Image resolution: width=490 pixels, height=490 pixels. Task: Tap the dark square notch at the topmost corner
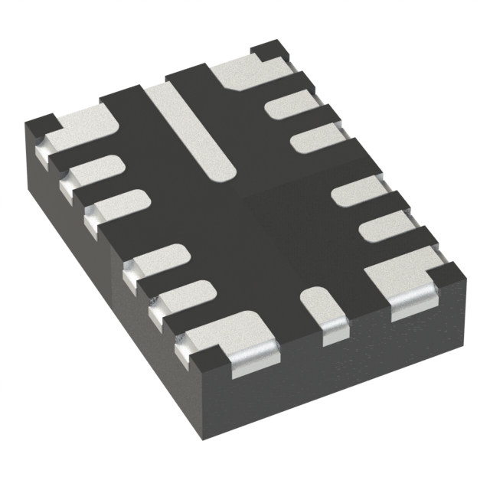(269, 51)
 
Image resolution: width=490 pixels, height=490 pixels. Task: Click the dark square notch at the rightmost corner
(450, 270)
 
